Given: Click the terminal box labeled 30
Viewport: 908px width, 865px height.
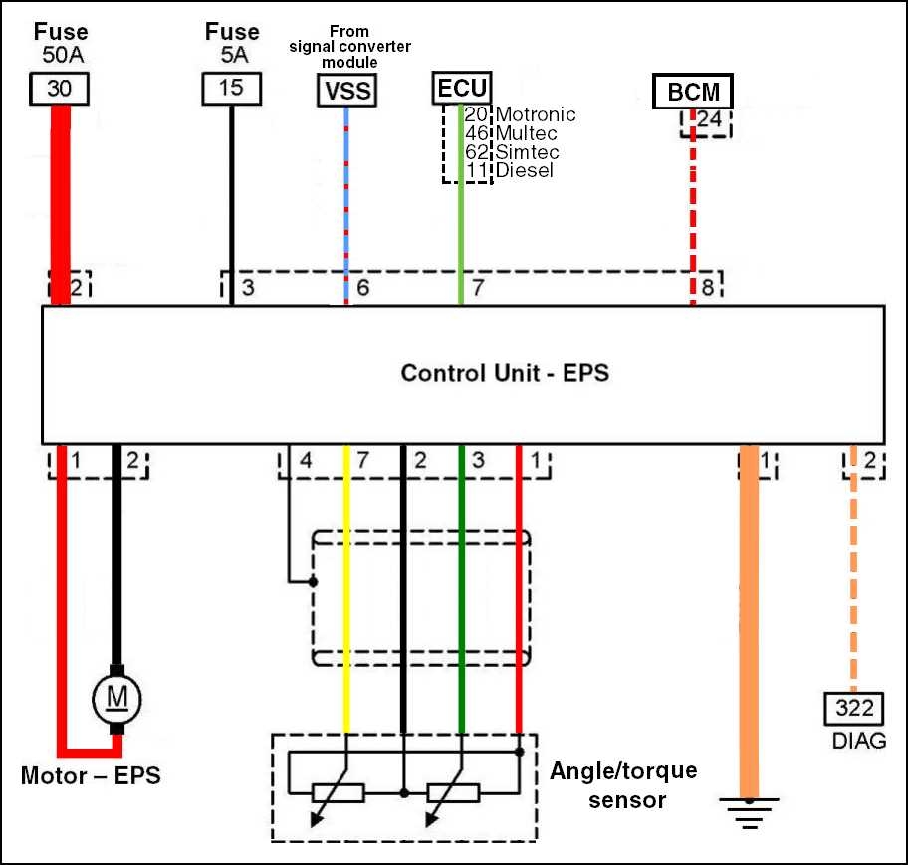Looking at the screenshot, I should click(x=59, y=90).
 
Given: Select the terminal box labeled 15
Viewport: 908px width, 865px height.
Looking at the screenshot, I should click(x=230, y=90).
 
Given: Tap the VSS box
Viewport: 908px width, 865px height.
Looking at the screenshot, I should click(x=346, y=92).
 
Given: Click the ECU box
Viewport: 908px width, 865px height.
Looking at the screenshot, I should click(x=462, y=88).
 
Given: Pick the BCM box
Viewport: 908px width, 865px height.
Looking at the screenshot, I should click(x=693, y=93).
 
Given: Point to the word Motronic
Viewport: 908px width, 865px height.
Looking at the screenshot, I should click(x=536, y=114).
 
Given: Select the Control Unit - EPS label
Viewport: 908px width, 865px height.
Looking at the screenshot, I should click(x=505, y=373).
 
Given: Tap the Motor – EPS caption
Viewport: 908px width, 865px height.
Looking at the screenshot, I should click(x=91, y=775).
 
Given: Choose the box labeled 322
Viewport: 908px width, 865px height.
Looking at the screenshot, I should click(x=853, y=709).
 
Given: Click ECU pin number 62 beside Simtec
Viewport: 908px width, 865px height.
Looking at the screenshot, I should click(x=476, y=152).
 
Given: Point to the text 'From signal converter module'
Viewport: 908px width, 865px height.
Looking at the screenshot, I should click(x=349, y=46).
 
